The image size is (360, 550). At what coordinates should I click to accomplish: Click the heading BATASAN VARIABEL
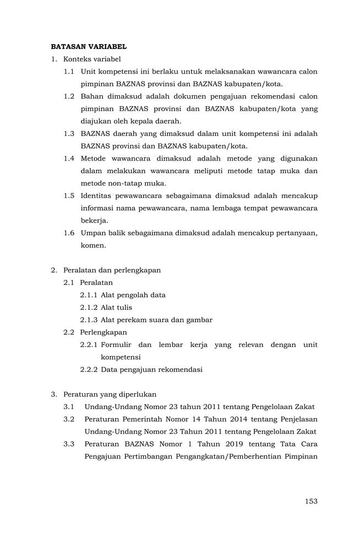coord(89,47)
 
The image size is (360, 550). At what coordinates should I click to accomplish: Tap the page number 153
coord(311,501)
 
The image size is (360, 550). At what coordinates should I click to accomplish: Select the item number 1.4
coord(69,158)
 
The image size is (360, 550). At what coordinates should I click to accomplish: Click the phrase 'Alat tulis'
coord(116,307)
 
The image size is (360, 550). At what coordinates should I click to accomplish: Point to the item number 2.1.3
coord(89,320)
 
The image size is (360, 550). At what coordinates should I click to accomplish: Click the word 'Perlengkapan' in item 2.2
coord(103,332)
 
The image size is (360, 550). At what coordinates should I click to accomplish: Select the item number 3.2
coord(69,419)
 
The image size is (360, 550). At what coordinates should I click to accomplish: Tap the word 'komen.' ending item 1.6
coord(93,245)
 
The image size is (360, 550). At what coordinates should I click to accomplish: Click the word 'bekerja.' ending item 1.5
coord(94,221)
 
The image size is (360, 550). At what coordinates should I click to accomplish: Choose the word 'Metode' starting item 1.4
coord(94,158)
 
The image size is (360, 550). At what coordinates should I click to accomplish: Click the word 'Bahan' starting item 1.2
coord(92,96)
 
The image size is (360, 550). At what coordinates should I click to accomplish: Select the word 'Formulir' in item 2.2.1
coord(116,345)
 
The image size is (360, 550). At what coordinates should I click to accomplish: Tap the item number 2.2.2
coord(89,370)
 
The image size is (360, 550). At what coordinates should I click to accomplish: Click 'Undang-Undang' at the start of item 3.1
coord(111,407)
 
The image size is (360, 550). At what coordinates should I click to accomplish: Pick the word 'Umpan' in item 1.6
coord(92,233)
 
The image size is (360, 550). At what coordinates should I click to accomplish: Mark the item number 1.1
coord(69,71)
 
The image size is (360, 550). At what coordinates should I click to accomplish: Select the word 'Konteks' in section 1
coord(77,59)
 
